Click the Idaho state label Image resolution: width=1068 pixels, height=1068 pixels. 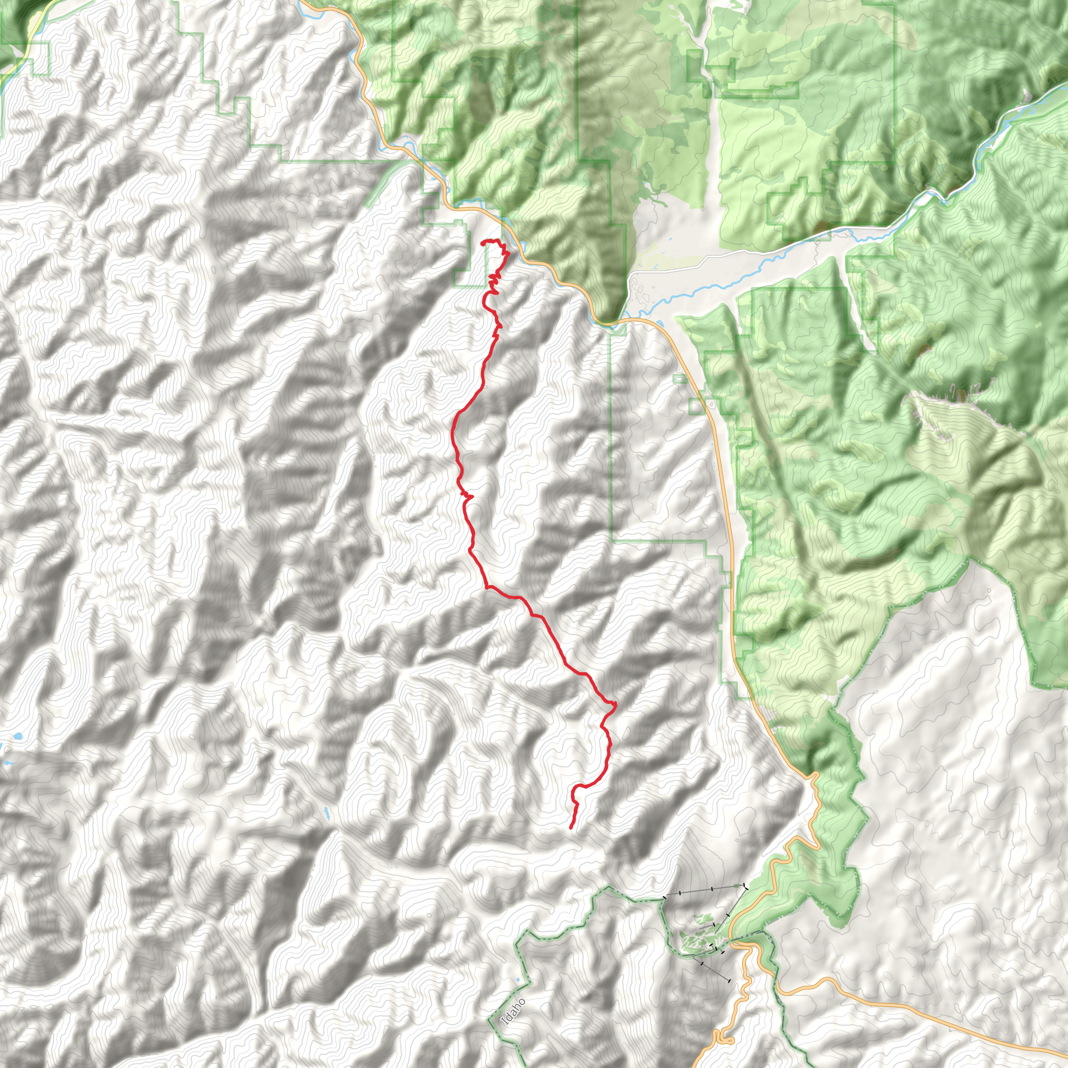[513, 1012]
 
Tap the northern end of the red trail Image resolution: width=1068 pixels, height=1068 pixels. [482, 242]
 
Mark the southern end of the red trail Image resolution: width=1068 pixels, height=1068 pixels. [570, 828]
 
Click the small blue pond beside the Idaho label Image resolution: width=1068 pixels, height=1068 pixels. [518, 981]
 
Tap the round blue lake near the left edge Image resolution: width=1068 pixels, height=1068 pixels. [19, 737]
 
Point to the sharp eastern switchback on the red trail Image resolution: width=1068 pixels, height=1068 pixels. [614, 703]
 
